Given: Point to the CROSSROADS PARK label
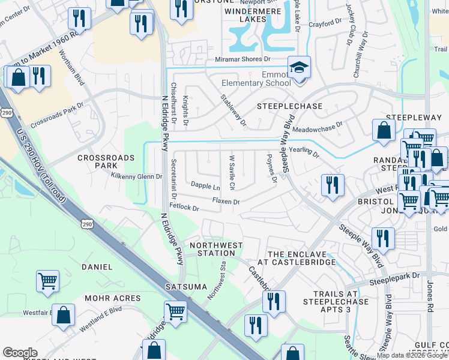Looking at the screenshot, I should point(97,162).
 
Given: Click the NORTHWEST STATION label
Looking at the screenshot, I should point(216,249).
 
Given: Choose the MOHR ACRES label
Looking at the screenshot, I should point(112,298).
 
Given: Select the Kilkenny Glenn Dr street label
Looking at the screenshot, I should point(137,176).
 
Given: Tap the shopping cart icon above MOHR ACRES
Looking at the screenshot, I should point(47,280).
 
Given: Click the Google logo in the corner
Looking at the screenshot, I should point(20,353).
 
